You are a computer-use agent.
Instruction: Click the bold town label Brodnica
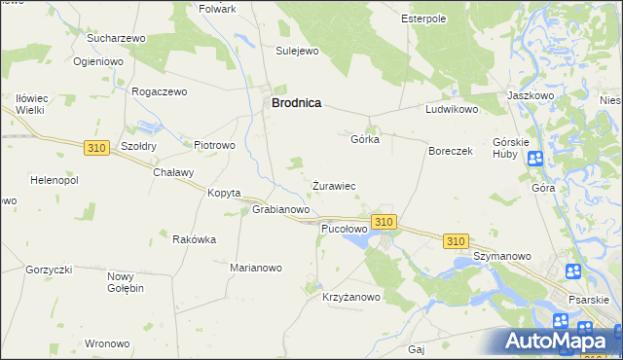[x=297, y=102]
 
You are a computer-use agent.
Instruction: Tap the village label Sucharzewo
[x=116, y=38]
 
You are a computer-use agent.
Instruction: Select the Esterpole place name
[x=423, y=18]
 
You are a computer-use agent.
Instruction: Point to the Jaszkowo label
[x=531, y=96]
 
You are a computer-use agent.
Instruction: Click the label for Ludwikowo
[x=452, y=110]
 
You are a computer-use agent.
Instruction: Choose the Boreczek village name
[x=451, y=152]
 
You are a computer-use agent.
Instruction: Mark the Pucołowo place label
[x=344, y=230]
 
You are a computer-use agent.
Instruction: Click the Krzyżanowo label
[x=351, y=298]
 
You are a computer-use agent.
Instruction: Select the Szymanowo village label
[x=502, y=256]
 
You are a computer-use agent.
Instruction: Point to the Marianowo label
[x=255, y=268]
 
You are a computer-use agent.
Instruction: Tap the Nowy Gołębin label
[x=126, y=282]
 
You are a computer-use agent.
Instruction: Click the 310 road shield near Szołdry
[x=95, y=148]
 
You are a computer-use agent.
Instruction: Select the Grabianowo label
[x=281, y=209]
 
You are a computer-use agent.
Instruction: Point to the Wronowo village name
[x=107, y=343]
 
